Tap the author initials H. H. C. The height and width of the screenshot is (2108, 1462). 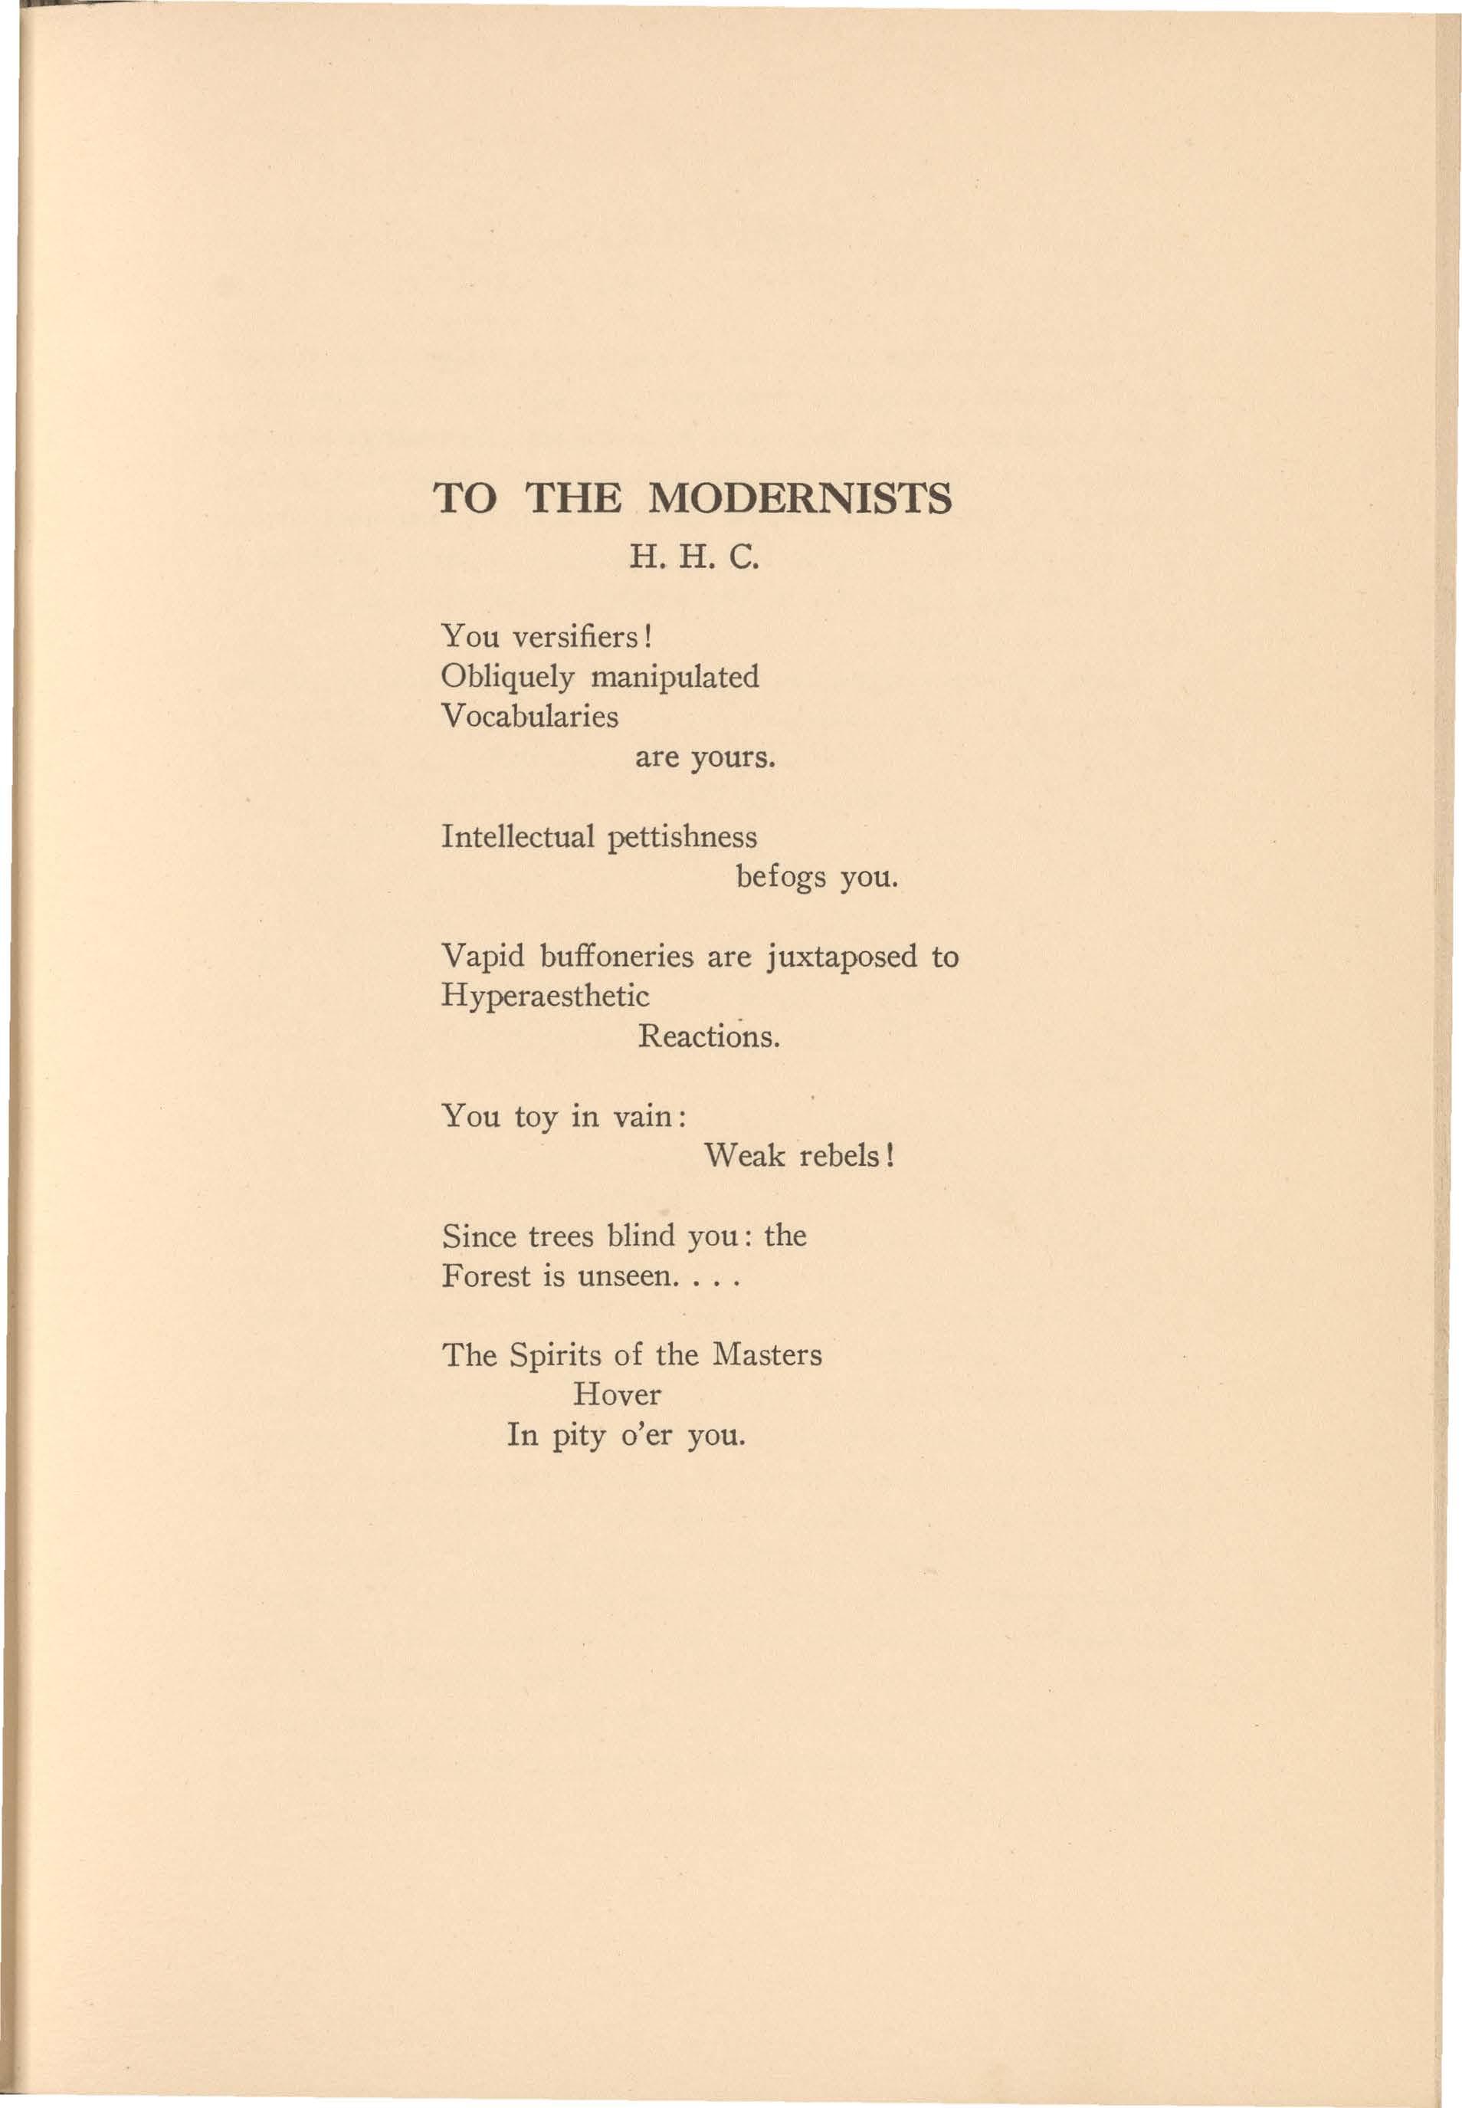(693, 557)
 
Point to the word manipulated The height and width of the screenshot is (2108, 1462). (675, 677)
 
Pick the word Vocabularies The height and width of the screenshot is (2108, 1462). (529, 717)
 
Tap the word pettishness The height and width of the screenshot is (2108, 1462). (683, 837)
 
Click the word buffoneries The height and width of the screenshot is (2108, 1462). (617, 957)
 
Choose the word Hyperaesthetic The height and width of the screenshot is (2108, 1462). (545, 997)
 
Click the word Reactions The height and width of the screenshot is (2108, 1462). (708, 1037)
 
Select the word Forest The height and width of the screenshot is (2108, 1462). (486, 1276)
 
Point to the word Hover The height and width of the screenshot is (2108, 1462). (617, 1395)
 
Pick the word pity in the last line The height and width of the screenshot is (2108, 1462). (580, 1436)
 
